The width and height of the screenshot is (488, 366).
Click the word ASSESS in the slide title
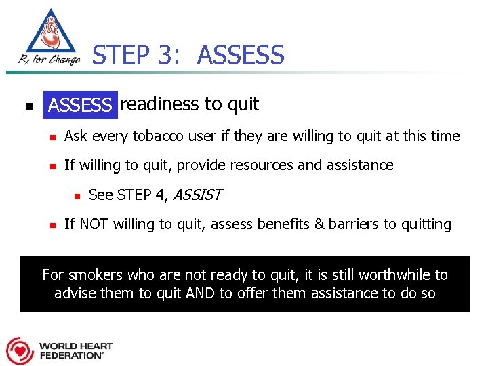(241, 55)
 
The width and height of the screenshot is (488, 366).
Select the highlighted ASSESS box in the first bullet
(80, 105)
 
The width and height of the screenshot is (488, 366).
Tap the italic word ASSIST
(198, 195)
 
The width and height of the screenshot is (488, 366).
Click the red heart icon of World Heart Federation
(19, 350)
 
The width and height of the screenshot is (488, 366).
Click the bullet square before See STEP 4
(78, 196)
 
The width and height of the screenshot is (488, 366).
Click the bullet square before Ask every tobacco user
(52, 137)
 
